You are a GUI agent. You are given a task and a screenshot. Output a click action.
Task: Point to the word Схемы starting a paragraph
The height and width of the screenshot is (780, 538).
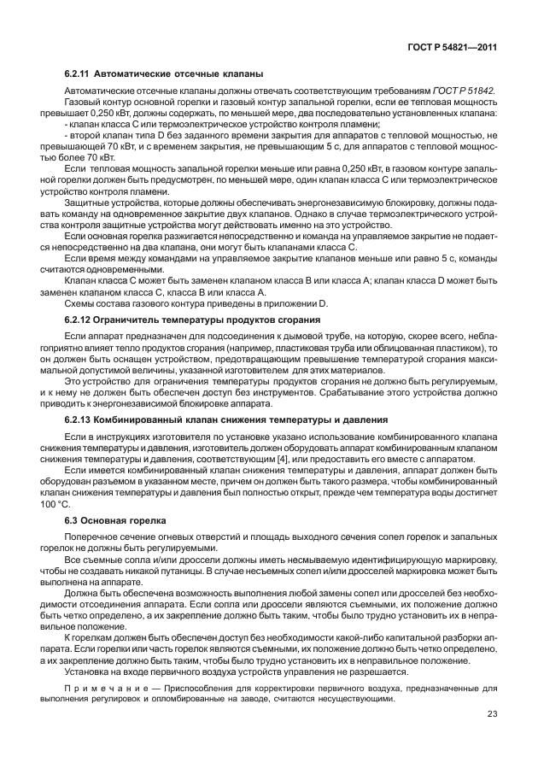coord(81,303)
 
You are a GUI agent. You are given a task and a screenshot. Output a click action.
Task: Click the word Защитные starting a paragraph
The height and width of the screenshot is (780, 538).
coord(89,203)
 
